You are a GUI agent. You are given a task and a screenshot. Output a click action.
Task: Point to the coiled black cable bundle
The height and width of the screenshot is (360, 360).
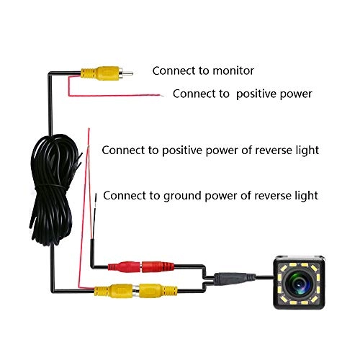(x=50, y=187)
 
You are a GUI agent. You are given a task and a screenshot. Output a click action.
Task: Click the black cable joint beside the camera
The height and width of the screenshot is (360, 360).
(x=233, y=276)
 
